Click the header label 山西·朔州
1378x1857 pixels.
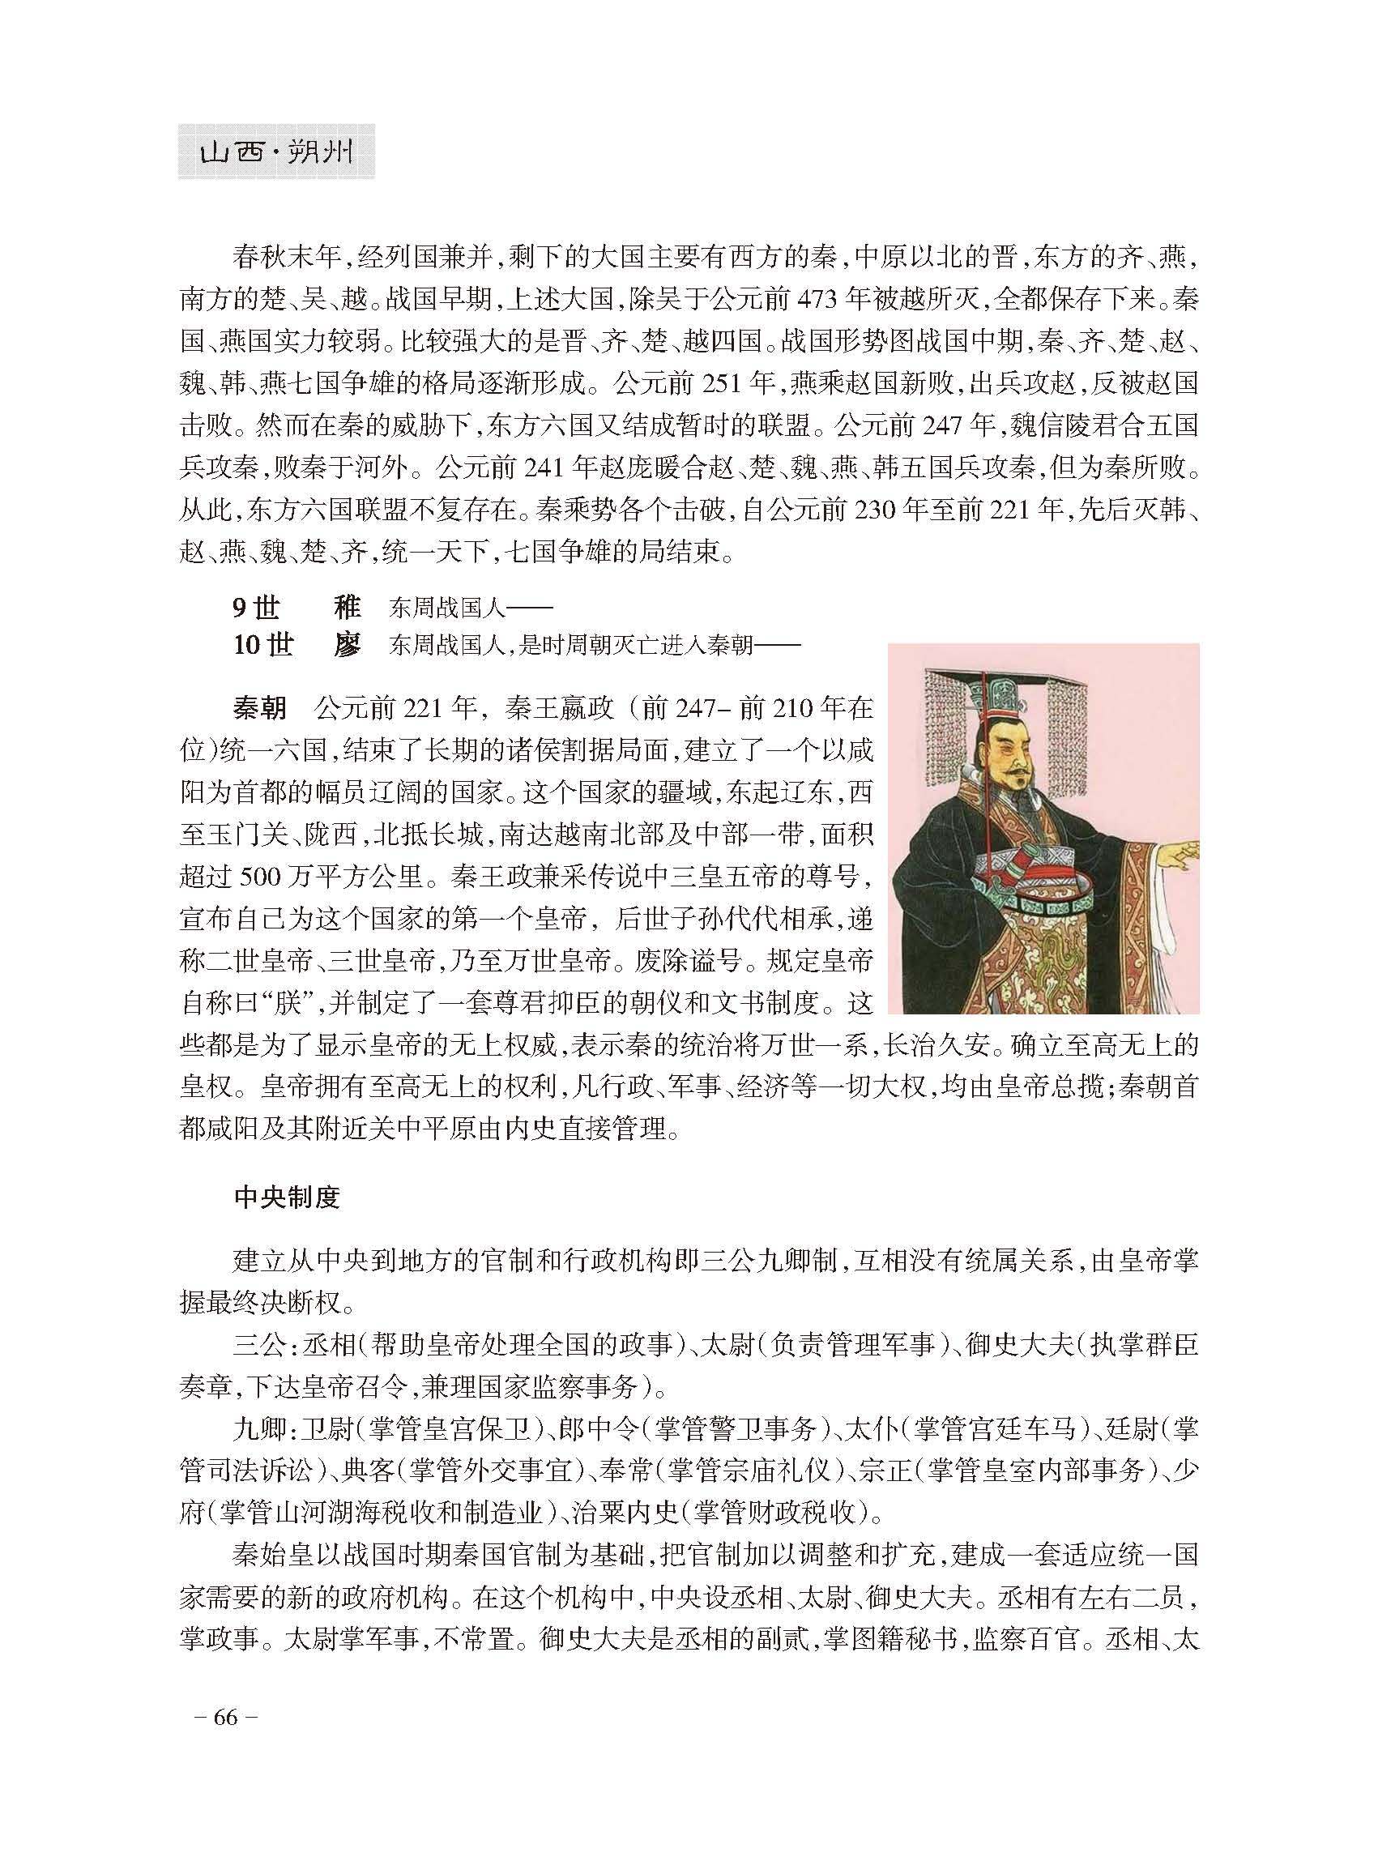click(x=275, y=152)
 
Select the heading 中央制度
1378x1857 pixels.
click(x=287, y=1197)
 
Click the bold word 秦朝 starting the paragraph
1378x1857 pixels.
click(x=259, y=708)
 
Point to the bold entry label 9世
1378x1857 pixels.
click(x=254, y=608)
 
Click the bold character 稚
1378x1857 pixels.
click(x=347, y=608)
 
